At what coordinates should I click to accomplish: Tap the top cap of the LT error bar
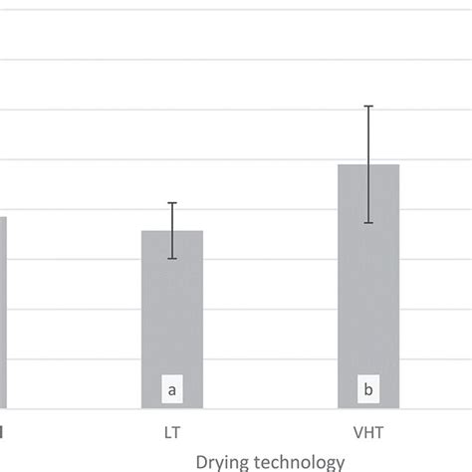(172, 203)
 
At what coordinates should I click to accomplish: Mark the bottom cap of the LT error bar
(172, 259)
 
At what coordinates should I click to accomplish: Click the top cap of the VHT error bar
(368, 106)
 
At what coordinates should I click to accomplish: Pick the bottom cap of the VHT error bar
(368, 223)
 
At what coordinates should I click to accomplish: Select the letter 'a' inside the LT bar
(172, 390)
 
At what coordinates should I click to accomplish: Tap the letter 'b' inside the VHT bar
(368, 390)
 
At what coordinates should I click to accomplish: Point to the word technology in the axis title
(300, 461)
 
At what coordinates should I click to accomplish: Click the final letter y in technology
(340, 463)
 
